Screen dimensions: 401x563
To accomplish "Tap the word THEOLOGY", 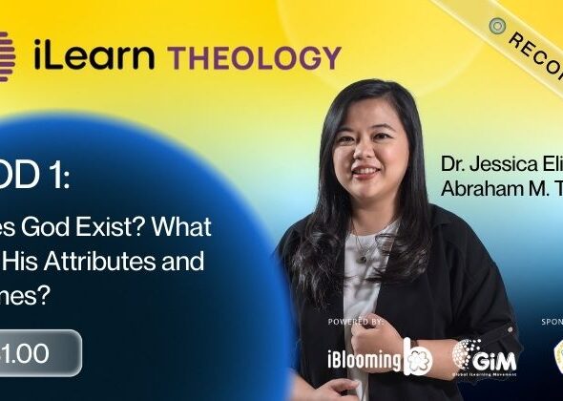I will [255, 56].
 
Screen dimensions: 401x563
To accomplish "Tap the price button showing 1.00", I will [38, 352].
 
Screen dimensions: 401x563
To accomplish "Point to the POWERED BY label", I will [355, 322].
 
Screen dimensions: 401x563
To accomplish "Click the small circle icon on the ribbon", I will [496, 25].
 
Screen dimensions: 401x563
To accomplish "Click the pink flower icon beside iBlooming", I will [417, 357].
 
